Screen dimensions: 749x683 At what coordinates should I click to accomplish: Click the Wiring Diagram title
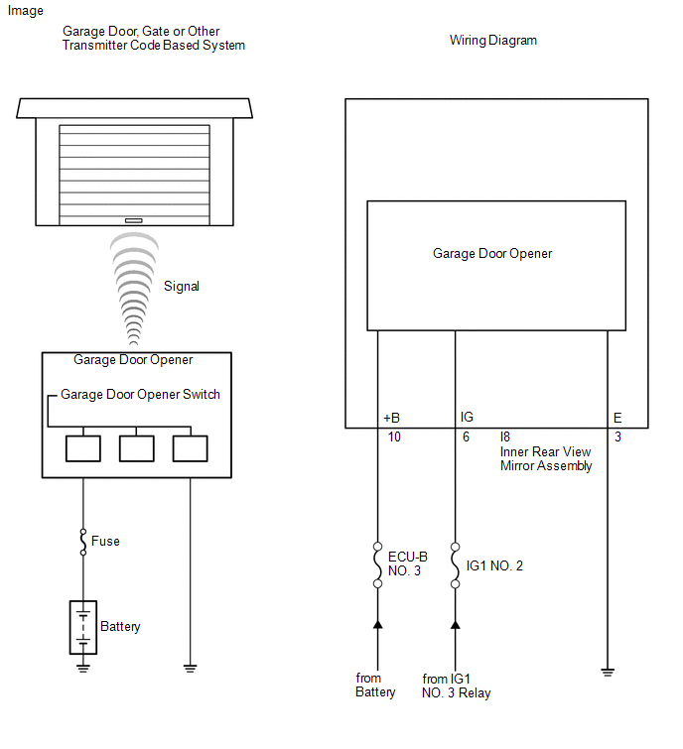(x=493, y=41)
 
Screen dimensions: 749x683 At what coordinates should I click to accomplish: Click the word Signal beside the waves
(x=182, y=286)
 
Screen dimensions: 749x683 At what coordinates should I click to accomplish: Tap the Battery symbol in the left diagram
(x=82, y=627)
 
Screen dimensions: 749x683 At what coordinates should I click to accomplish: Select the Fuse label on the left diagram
(x=105, y=542)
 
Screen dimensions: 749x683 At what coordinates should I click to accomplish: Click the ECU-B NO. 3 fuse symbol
(x=378, y=564)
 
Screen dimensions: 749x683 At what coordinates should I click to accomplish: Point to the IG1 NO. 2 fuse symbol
(x=455, y=564)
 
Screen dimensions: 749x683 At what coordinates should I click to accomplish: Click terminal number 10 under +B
(x=394, y=437)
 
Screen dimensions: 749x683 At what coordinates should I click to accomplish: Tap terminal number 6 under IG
(x=466, y=437)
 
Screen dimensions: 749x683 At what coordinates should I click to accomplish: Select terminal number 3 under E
(x=617, y=437)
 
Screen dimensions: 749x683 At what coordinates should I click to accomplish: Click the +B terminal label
(x=391, y=419)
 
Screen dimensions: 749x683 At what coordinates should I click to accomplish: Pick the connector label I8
(x=506, y=437)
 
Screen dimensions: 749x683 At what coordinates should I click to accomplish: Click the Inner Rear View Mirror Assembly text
(x=546, y=458)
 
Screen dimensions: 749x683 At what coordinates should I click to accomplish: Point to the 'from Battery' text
(x=375, y=686)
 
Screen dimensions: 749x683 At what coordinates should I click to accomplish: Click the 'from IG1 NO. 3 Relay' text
(x=456, y=686)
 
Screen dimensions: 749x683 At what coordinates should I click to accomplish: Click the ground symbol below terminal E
(x=608, y=673)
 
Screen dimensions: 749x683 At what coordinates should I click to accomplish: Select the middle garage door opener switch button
(x=137, y=448)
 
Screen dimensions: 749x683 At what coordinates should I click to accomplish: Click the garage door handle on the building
(x=134, y=220)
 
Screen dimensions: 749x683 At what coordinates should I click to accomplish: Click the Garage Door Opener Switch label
(x=140, y=394)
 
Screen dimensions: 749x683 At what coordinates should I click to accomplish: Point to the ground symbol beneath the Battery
(x=82, y=668)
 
